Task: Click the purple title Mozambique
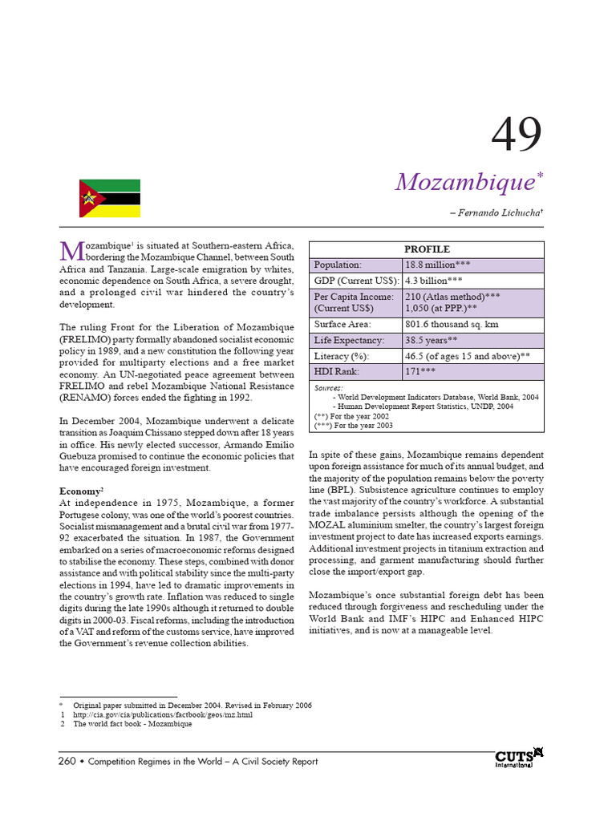point(464,182)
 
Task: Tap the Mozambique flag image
point(110,198)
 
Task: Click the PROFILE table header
point(427,249)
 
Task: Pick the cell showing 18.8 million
point(440,265)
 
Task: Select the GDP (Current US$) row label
point(355,281)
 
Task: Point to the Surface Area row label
point(342,325)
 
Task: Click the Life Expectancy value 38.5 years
point(432,341)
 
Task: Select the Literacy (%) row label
point(342,356)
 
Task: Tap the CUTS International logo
point(519,758)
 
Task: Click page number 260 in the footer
point(67,761)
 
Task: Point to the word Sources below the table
point(328,387)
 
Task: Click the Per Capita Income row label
point(354,302)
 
